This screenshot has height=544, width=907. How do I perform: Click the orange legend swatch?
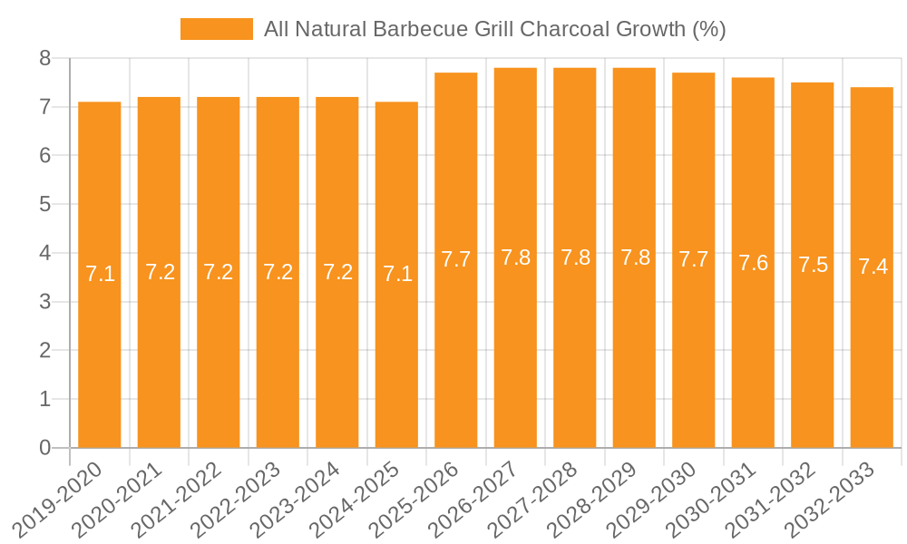pos(217,29)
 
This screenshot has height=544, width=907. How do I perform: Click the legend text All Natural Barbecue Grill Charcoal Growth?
pos(494,29)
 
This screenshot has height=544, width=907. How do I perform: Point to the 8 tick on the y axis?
pos(44,59)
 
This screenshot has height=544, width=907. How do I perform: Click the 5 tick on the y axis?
pos(44,205)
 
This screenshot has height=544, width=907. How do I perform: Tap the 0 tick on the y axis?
pos(44,448)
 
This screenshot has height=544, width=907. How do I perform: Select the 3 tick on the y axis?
pos(44,302)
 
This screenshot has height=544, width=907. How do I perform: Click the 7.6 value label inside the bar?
pos(753,263)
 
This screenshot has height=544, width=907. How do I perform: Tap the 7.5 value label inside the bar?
pos(813,265)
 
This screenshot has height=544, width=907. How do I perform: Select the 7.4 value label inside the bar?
pos(873,267)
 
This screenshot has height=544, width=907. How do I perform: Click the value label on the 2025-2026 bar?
pos(456,259)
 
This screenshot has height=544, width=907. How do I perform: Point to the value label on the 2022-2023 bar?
pos(278,272)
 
